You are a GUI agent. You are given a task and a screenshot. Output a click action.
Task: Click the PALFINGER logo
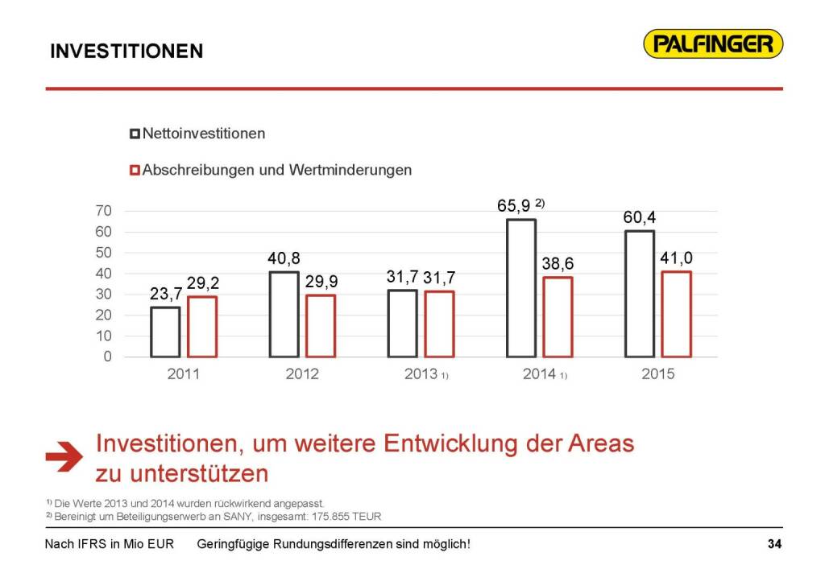pyautogui.click(x=713, y=43)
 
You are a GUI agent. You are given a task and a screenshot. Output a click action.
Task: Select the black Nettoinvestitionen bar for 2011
pyautogui.click(x=165, y=332)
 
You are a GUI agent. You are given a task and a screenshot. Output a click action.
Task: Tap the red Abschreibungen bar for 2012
pyautogui.click(x=320, y=326)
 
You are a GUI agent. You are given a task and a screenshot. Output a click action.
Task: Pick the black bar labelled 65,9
pyautogui.click(x=521, y=287)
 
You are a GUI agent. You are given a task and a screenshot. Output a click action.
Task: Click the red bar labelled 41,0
pyautogui.click(x=676, y=314)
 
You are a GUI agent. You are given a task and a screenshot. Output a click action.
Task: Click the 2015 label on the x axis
pyautogui.click(x=658, y=374)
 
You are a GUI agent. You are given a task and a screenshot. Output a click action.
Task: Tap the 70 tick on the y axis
pyautogui.click(x=105, y=211)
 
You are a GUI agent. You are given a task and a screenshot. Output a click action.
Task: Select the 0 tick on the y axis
pyautogui.click(x=108, y=357)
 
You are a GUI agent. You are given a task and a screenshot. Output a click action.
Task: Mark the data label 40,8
pyautogui.click(x=284, y=259)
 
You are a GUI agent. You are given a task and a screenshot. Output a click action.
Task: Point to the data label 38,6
pyautogui.click(x=558, y=264)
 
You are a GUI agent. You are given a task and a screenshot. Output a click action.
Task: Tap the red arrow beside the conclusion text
pyautogui.click(x=64, y=456)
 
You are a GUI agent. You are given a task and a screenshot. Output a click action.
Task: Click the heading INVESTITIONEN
pyautogui.click(x=126, y=52)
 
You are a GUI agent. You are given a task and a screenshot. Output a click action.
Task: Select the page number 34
pyautogui.click(x=774, y=545)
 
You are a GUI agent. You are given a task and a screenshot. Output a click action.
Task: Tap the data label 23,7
pyautogui.click(x=166, y=294)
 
